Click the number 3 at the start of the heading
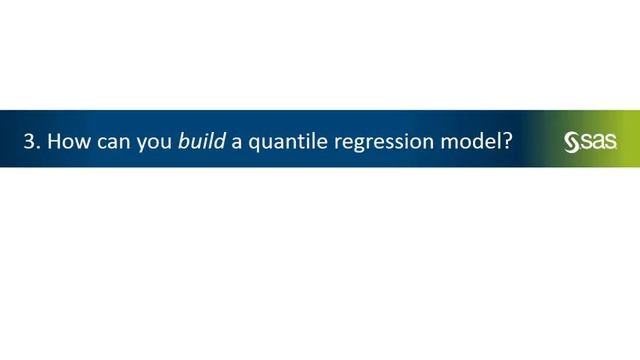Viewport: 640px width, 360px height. (29, 142)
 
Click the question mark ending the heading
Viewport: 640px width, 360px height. (508, 142)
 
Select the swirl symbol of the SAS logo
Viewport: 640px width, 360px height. (572, 143)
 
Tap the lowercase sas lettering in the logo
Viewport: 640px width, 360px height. (599, 143)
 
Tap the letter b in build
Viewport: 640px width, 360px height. (184, 142)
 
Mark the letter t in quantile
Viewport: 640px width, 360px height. (293, 142)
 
